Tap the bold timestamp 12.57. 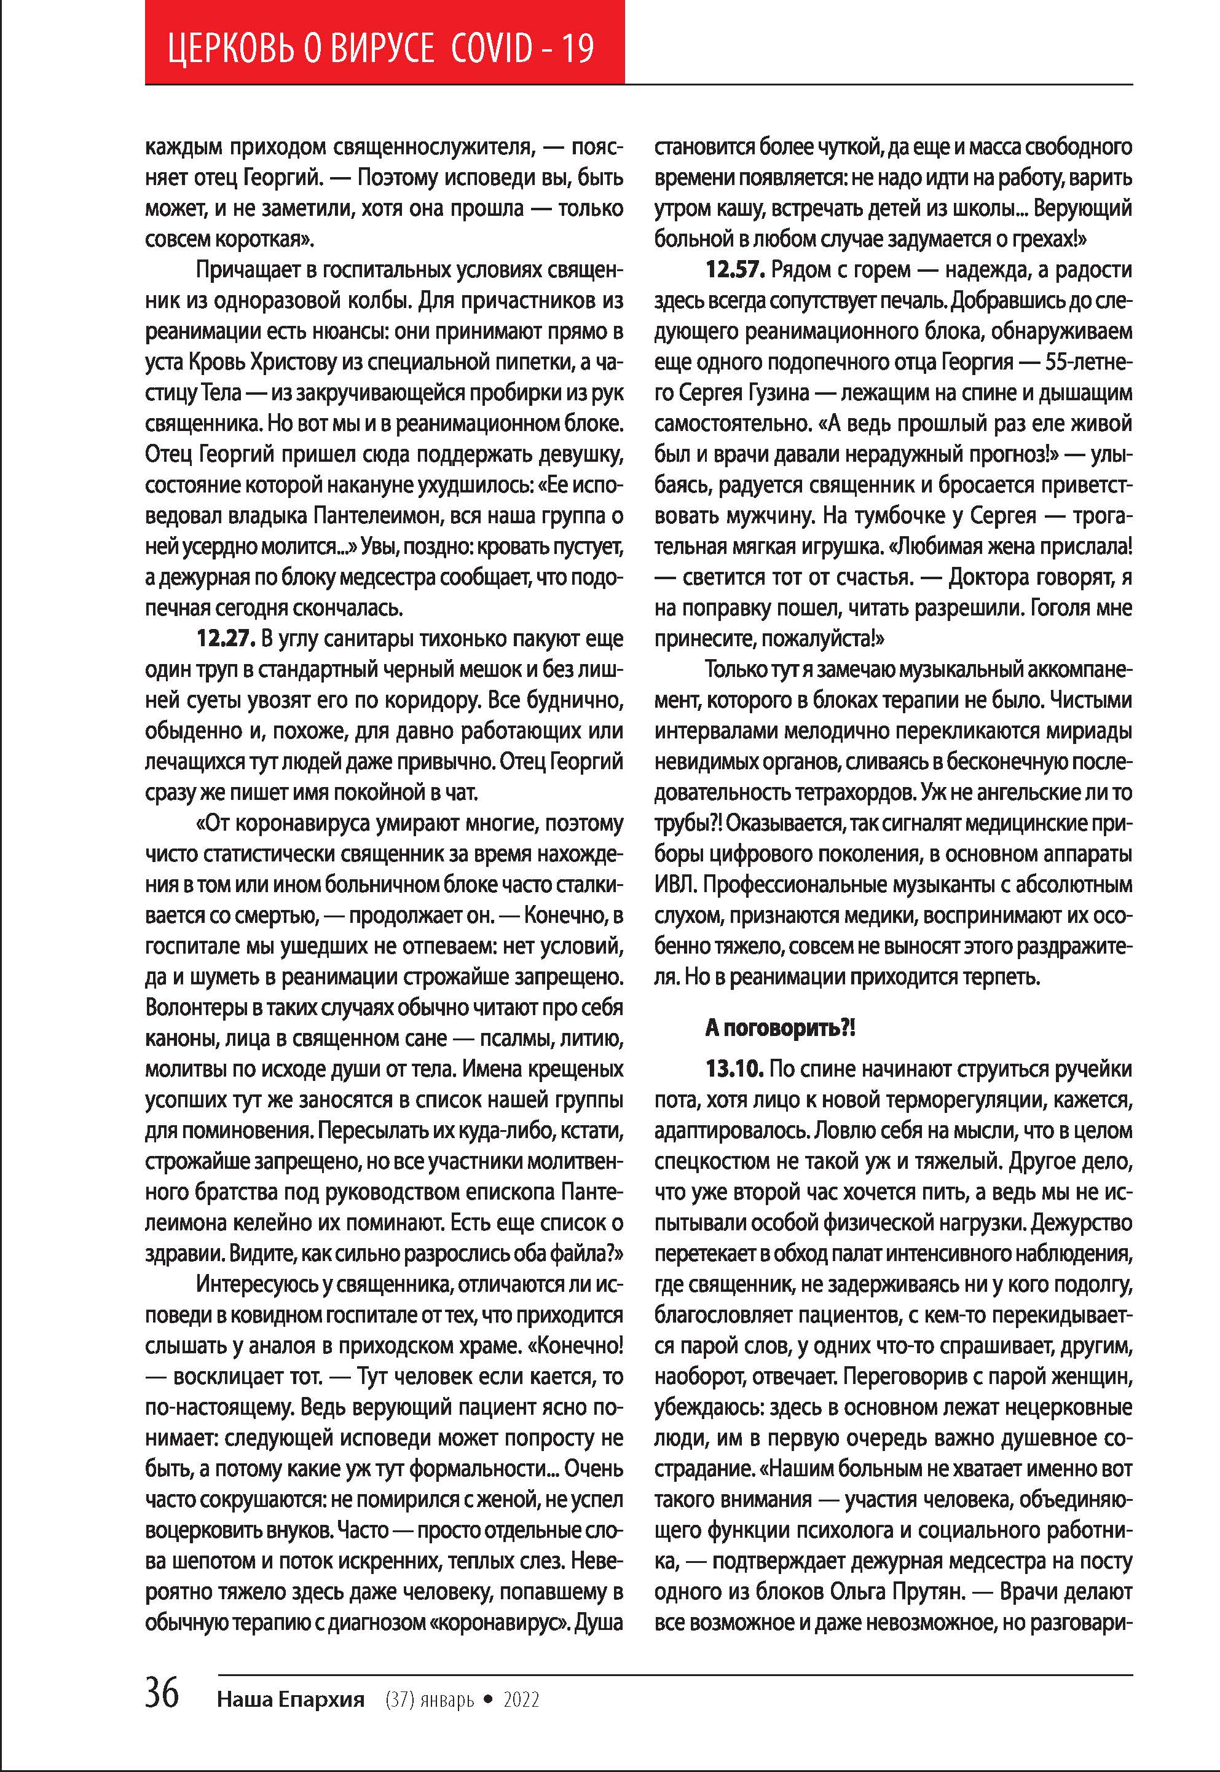(x=734, y=269)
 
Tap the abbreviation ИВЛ (x=675, y=884)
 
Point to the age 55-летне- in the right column (x=1088, y=362)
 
